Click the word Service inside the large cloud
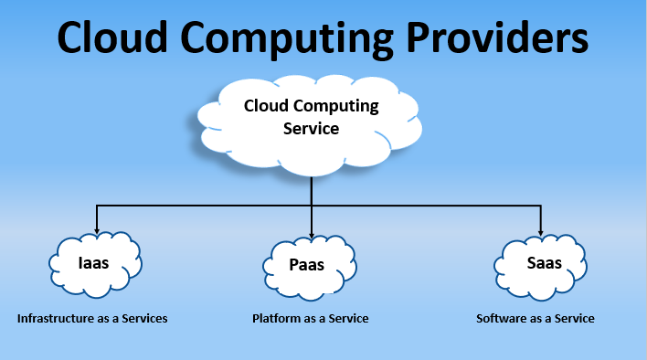(x=311, y=129)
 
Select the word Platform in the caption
(x=277, y=319)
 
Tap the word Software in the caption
(x=502, y=319)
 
